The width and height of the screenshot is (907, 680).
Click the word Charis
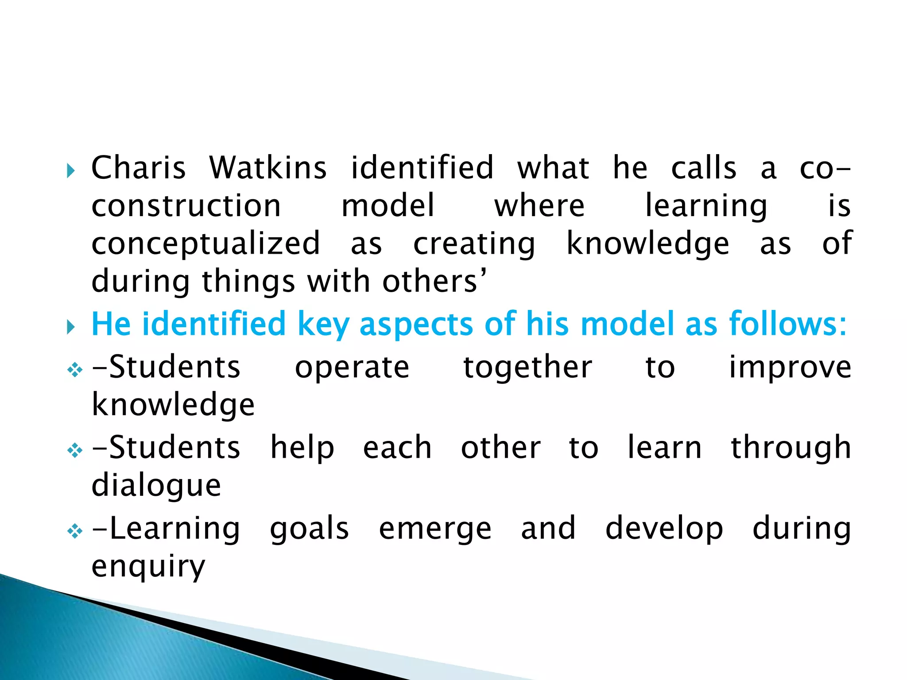coord(138,168)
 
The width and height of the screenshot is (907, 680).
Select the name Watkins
coord(268,168)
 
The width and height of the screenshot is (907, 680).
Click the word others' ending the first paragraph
coord(434,282)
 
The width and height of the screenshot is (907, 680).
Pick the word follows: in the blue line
coord(788,324)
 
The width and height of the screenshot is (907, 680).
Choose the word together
coord(527,367)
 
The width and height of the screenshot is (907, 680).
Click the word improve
coord(791,367)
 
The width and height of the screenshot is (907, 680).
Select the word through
coord(791,448)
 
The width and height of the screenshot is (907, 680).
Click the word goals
coord(310,529)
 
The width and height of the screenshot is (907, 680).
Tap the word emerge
coord(435,529)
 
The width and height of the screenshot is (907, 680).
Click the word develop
coord(664,529)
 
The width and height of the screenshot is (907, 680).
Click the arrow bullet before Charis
coord(71,170)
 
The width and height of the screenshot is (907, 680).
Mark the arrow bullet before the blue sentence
coord(71,327)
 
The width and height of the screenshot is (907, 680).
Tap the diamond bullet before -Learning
coord(75,531)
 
